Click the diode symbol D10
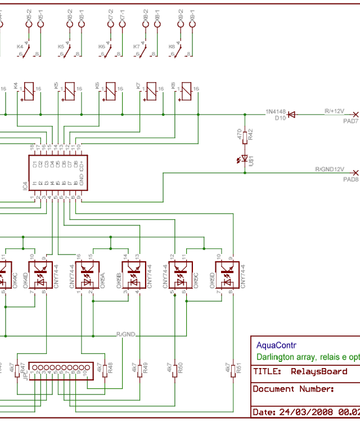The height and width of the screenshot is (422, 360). [291, 114]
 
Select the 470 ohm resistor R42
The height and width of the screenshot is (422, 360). [244, 134]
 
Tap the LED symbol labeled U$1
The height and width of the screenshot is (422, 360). [244, 158]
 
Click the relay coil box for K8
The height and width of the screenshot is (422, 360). [186, 92]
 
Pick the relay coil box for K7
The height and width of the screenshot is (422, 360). [151, 92]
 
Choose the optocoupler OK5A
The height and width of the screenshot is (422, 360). [88, 275]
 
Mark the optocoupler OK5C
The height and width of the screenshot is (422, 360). [182, 275]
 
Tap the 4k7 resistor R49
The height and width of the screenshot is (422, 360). [139, 369]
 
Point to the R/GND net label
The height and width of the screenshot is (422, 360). [126, 335]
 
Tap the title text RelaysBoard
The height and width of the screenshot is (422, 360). [319, 371]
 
